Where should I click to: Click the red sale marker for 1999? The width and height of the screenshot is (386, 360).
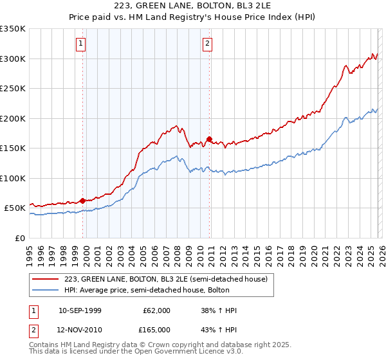tap(82, 201)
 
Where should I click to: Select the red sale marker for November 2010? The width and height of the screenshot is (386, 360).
tap(210, 139)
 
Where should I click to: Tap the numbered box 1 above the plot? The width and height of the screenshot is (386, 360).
tap(81, 44)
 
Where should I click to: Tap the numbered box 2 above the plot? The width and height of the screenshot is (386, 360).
tap(208, 44)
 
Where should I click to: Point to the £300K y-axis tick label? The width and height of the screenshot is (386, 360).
tap(13, 59)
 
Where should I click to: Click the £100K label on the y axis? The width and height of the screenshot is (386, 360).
tap(13, 178)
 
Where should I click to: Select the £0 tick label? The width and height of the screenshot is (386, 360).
tap(21, 238)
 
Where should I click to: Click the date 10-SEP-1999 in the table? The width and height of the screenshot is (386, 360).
tap(80, 310)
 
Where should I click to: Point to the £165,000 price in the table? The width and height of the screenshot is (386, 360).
tap(157, 330)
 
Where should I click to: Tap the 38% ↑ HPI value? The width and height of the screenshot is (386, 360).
tap(219, 310)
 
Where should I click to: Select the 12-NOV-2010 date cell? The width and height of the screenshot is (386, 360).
tap(80, 330)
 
